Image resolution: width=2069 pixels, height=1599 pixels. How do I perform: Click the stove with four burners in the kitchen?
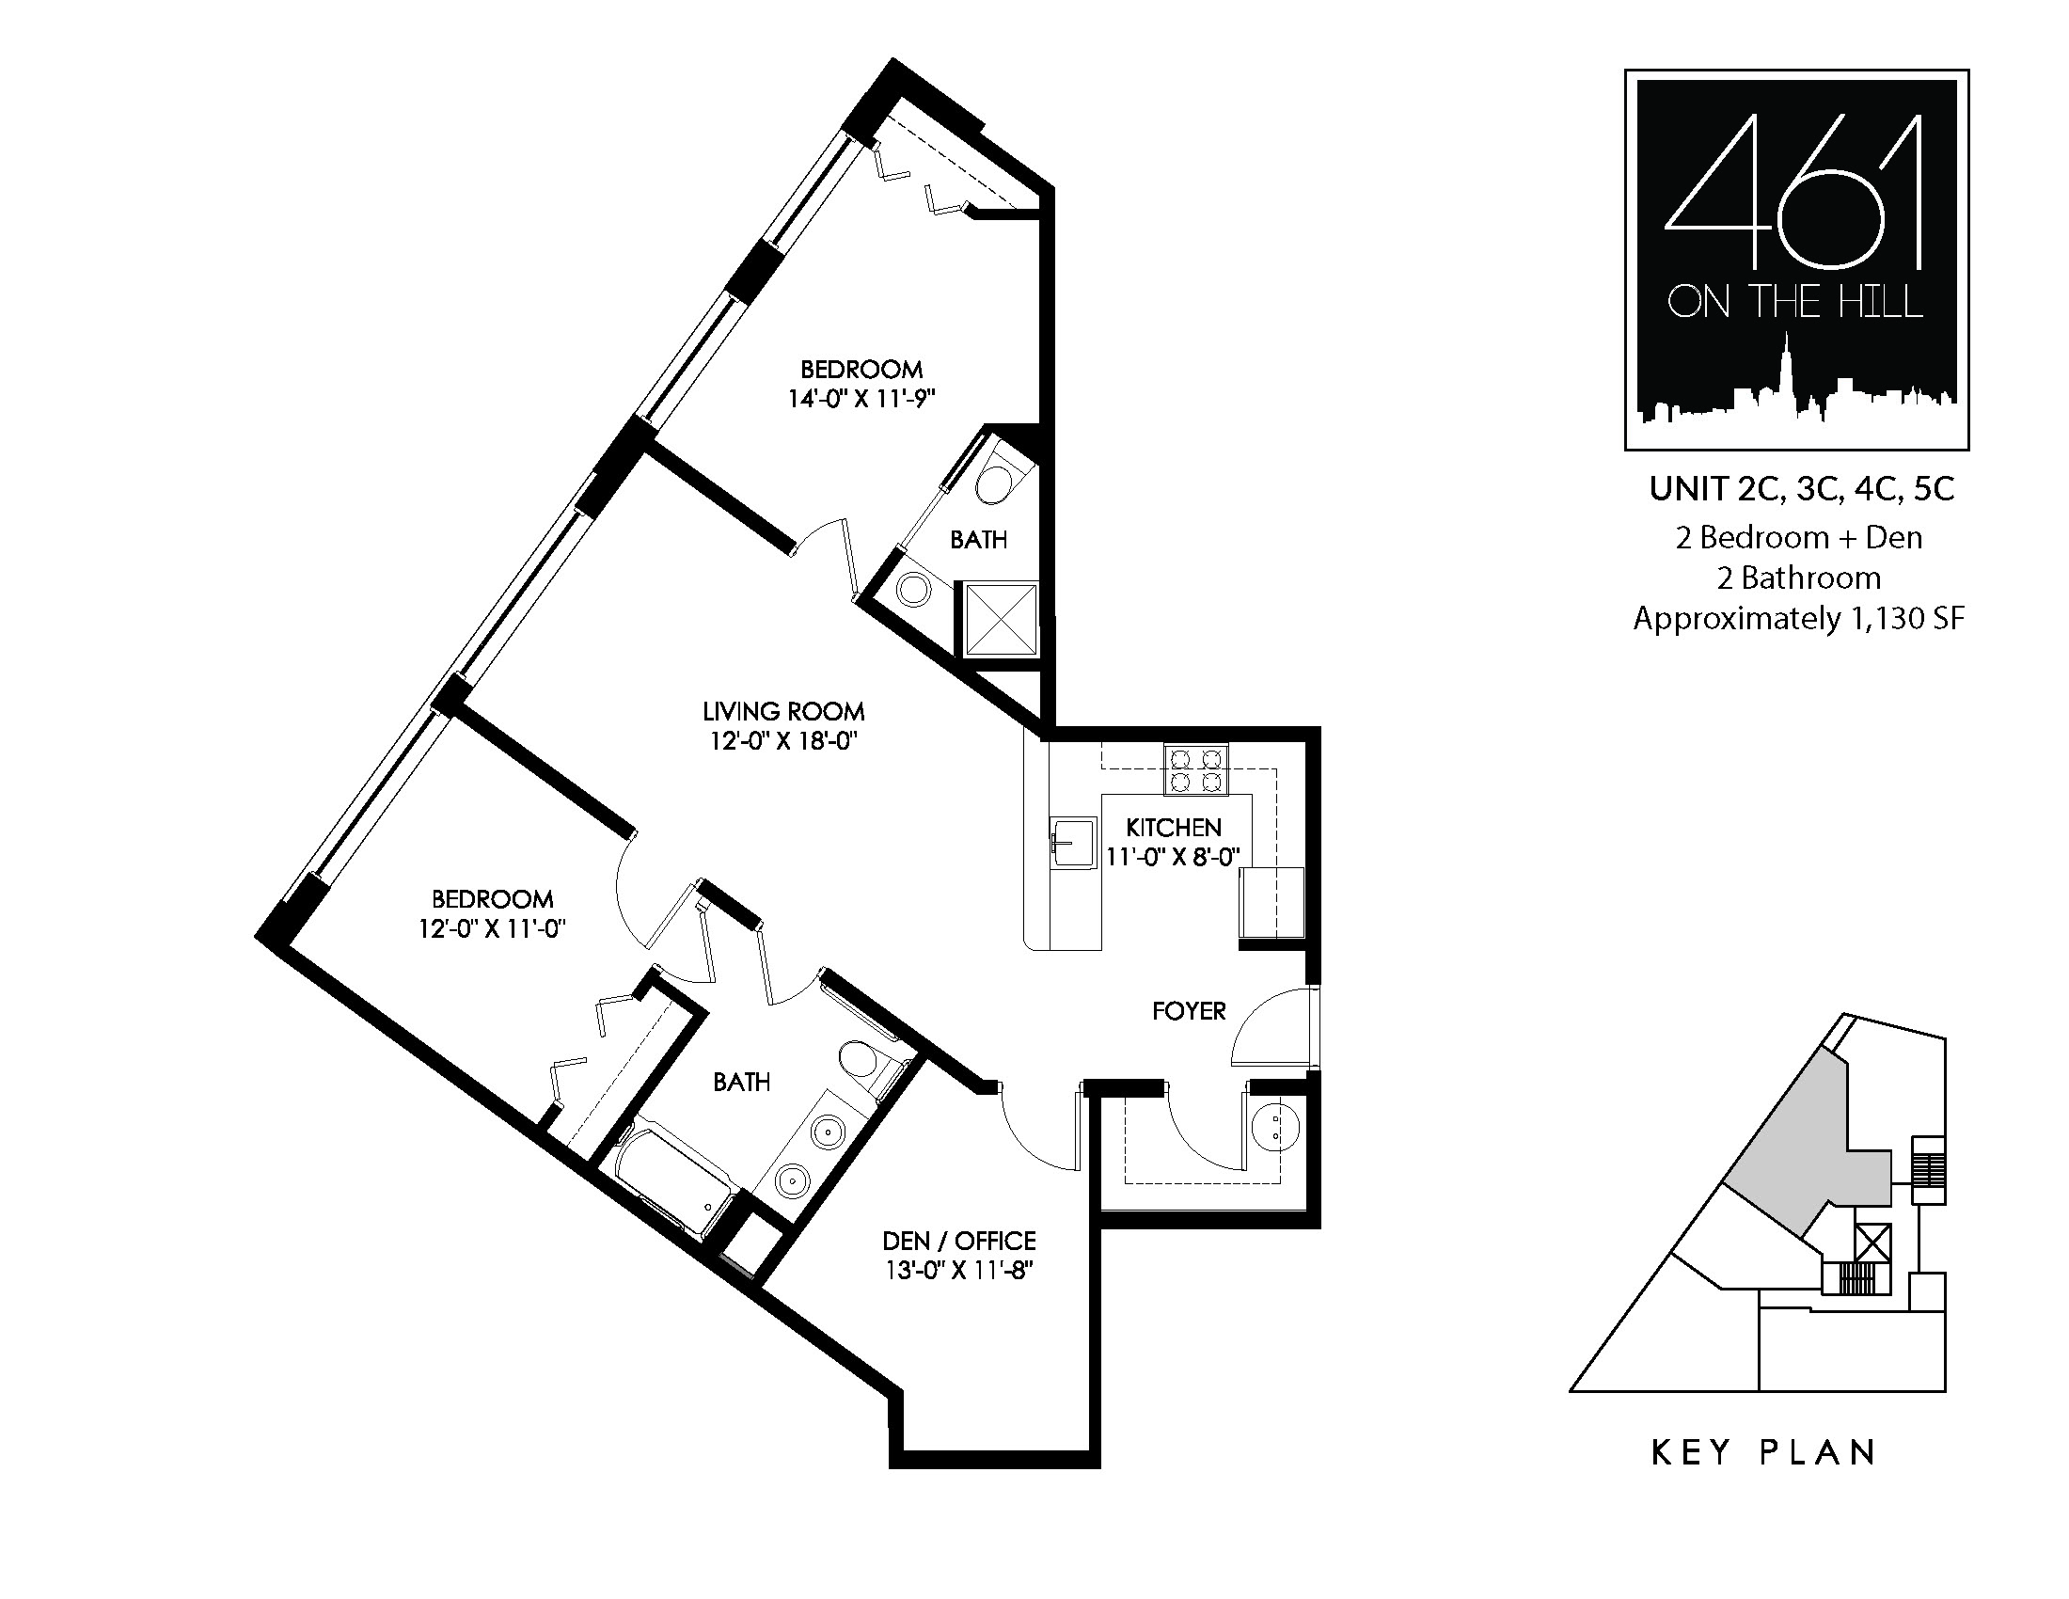pos(1195,768)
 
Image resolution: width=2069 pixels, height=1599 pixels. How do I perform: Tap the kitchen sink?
pos(1074,842)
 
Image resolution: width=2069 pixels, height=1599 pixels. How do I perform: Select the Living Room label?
pos(783,711)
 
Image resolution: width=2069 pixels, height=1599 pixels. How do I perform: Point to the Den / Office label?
pos(958,1241)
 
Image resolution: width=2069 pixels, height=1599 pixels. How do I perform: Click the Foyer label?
pos(1189,1011)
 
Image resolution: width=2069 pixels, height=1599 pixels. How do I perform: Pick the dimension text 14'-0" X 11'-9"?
pos(861,399)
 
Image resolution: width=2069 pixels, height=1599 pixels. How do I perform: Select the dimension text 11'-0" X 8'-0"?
pos(1173,857)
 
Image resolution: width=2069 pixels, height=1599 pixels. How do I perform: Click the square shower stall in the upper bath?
pos(1001,619)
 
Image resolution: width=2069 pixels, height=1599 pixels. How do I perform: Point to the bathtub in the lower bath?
pos(674,1178)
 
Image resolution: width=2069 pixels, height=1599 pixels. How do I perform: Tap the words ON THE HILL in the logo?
pos(1794,303)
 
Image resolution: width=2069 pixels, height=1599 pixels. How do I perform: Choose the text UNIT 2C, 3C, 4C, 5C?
pos(1802,490)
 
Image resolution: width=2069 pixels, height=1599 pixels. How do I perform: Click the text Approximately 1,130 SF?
pos(1799,619)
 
